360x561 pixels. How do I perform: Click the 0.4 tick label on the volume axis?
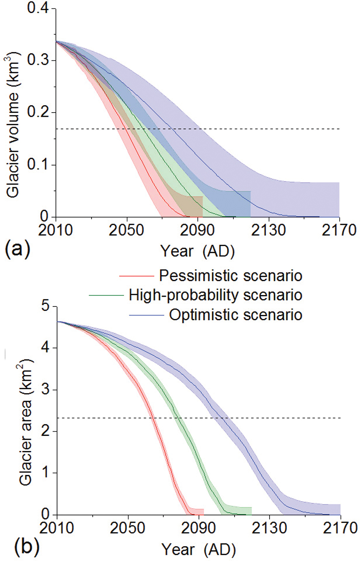(x=38, y=8)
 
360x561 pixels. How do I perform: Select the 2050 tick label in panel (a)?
(x=126, y=230)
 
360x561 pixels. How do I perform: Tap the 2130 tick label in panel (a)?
(x=268, y=230)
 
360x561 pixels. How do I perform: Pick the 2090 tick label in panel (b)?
(x=198, y=528)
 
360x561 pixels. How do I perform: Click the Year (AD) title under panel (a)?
(x=197, y=251)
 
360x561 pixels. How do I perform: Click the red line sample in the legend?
(x=136, y=276)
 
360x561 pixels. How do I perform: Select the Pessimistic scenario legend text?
(x=230, y=276)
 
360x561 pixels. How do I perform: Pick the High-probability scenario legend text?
(x=216, y=295)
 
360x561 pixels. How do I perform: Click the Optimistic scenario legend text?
(x=236, y=315)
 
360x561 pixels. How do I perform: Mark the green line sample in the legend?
(x=106, y=296)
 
